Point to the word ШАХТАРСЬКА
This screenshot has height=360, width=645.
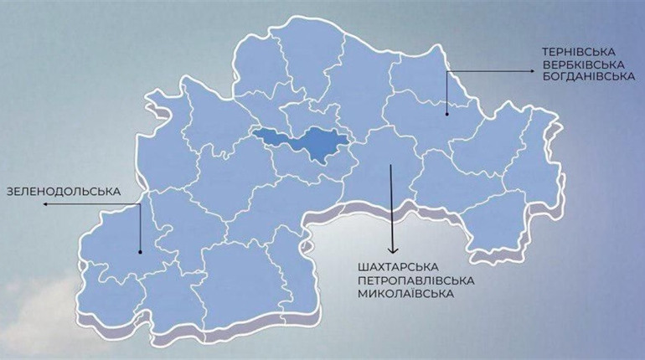coord(395,266)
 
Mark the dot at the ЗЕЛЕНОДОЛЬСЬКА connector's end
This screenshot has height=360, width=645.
coord(141,251)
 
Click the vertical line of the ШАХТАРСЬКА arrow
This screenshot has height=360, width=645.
coord(391,209)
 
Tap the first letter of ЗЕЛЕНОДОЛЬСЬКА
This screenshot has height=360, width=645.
coord(9,191)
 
